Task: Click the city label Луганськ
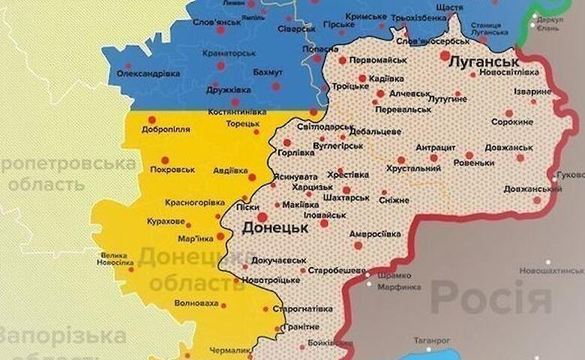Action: (x=484, y=61)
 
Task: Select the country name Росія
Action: (x=490, y=298)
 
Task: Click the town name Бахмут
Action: (x=268, y=72)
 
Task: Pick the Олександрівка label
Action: (x=148, y=73)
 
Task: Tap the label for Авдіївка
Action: (x=229, y=170)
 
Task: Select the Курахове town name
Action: (x=164, y=222)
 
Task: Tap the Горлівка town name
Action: (x=295, y=152)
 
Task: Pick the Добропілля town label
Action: (x=166, y=130)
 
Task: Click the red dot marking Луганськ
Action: (x=445, y=55)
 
